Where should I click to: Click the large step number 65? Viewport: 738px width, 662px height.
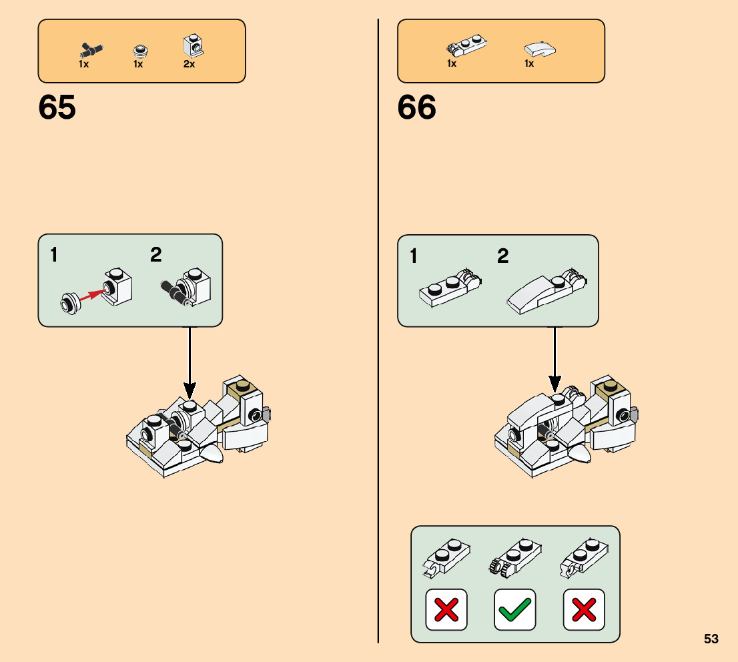57,107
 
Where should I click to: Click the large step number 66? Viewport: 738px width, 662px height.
416,107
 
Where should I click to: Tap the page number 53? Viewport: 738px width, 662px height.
711,639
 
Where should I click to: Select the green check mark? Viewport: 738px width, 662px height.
514,609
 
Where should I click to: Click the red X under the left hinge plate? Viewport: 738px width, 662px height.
446,609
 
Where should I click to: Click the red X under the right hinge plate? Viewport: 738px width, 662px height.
584,609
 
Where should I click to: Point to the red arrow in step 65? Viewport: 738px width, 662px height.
93,296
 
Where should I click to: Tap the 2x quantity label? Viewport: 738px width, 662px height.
189,65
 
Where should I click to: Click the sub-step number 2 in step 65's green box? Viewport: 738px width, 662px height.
155,254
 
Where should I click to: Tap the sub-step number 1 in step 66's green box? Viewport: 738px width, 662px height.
414,256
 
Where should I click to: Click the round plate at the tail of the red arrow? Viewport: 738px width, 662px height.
69,304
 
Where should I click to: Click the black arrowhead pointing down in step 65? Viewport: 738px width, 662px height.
190,388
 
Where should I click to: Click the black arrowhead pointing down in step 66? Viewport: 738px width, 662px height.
555,384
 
